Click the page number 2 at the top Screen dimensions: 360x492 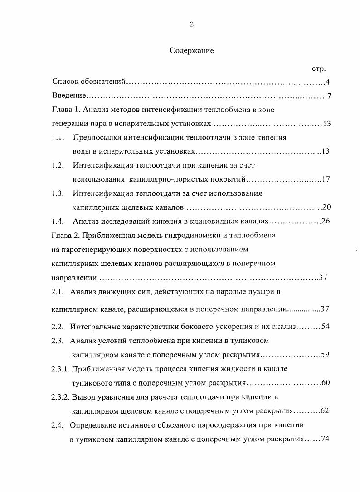192,24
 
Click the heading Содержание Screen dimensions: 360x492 192,51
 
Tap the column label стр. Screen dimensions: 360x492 319,69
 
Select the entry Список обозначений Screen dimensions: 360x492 88,82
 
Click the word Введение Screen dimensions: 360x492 69,96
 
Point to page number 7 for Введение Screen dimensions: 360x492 328,96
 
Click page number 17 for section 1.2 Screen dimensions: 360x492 326,179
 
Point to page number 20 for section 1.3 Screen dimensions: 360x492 326,207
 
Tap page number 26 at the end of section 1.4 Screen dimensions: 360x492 326,222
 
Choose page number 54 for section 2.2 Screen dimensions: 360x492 325,327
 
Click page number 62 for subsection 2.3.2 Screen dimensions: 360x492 324,411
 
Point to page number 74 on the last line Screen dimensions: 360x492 324,439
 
